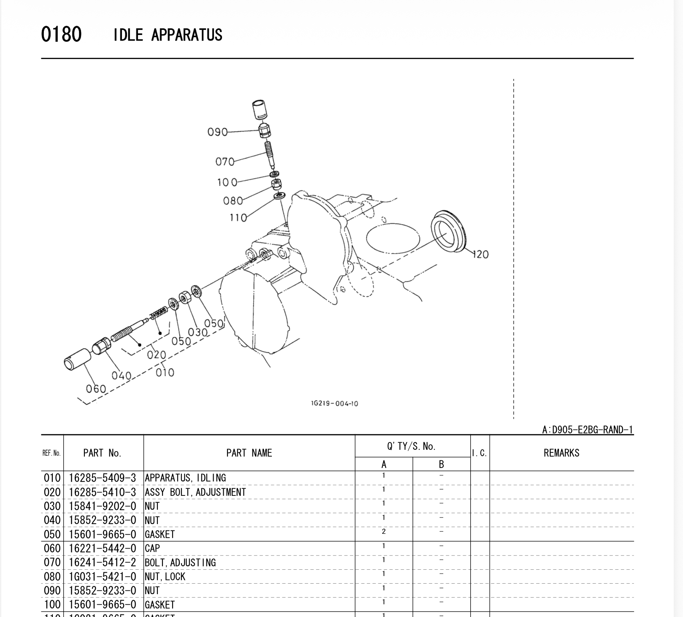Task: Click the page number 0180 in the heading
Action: [x=61, y=34]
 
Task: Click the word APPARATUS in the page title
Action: [x=187, y=35]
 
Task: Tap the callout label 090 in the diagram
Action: [x=217, y=132]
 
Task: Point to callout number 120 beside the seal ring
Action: [x=480, y=254]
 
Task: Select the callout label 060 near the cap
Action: [x=96, y=388]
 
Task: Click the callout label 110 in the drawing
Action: [x=238, y=218]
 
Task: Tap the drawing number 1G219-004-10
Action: [x=334, y=403]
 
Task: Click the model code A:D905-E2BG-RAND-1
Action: [x=587, y=430]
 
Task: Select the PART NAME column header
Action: [x=249, y=453]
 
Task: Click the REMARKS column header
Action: [x=561, y=453]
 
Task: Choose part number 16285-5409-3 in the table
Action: [x=103, y=478]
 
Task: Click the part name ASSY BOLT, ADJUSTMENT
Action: [x=195, y=492]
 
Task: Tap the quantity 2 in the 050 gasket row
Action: [x=384, y=532]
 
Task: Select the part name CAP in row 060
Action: [x=152, y=548]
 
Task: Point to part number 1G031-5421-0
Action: [x=103, y=576]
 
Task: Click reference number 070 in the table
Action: [x=52, y=562]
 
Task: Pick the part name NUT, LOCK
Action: [x=165, y=576]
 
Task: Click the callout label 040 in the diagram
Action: [x=121, y=375]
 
